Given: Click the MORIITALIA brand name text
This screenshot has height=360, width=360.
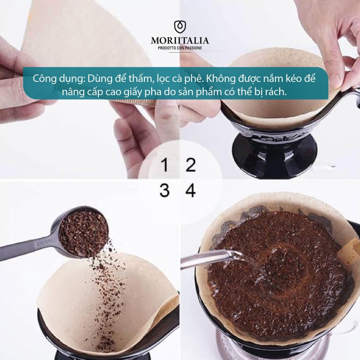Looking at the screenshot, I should pos(180,40).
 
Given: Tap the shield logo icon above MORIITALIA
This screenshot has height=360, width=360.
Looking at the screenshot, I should pos(180,27).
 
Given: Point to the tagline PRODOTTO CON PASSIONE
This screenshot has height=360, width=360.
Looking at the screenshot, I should pos(180,48).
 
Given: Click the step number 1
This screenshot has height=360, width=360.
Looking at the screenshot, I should pos(164,166).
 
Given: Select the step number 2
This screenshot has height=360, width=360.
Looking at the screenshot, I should pos(191,166).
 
